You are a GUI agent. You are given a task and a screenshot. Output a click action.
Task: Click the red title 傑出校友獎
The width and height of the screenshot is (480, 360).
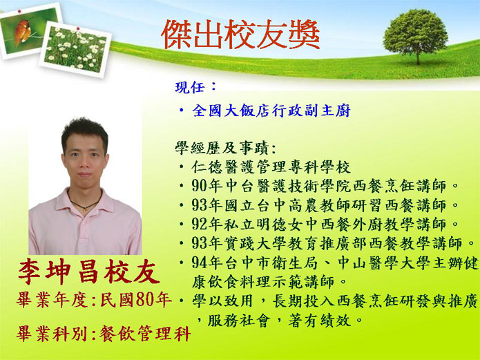click(240, 35)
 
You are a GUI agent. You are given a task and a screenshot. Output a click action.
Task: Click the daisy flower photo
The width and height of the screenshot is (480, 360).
click(75, 49)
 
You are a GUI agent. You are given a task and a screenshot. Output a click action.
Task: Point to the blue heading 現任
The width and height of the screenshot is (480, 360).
click(190, 87)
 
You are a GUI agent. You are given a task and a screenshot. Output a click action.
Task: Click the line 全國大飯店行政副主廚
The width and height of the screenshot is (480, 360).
click(271, 111)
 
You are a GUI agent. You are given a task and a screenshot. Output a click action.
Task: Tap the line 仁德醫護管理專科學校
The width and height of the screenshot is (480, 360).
click(271, 167)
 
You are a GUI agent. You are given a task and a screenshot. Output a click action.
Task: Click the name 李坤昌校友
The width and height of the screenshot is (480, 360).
click(89, 272)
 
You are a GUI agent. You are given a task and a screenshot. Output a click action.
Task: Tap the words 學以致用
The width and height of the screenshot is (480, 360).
click(223, 301)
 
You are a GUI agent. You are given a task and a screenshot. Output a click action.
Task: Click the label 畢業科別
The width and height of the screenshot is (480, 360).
click(52, 334)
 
